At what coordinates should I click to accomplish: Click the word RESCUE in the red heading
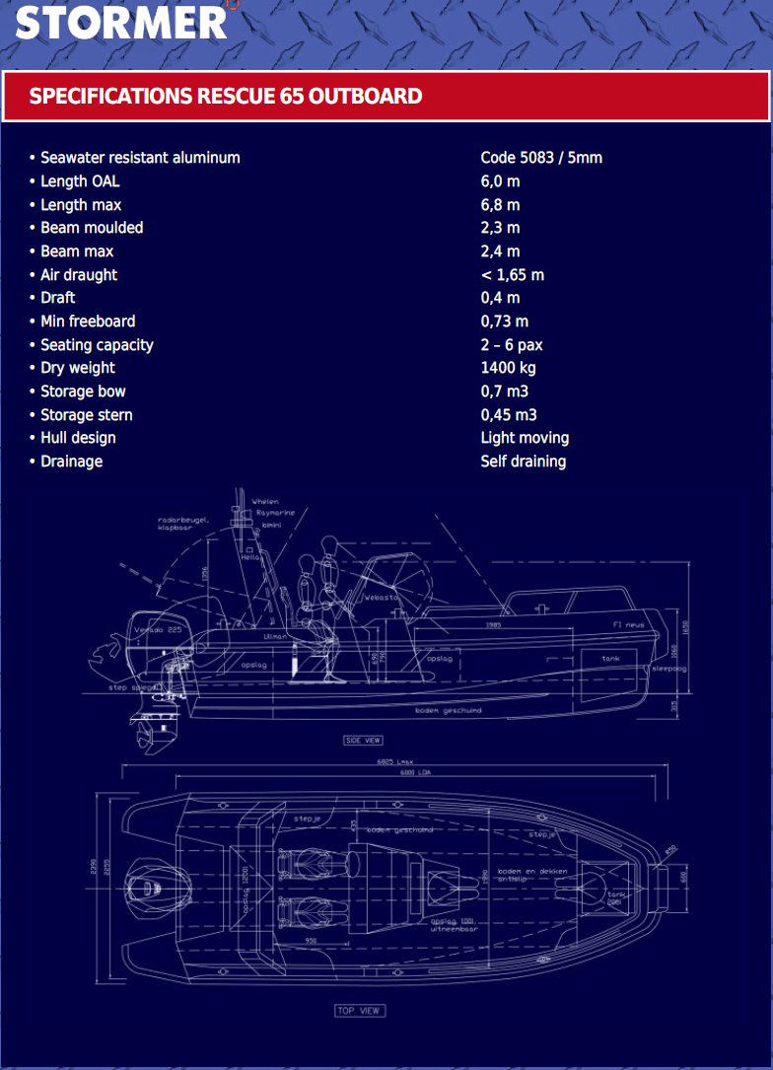[225, 97]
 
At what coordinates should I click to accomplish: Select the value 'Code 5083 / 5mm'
[541, 158]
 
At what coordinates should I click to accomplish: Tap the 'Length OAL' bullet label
[80, 181]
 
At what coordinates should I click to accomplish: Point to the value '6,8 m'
[500, 205]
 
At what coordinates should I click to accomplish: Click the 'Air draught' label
[79, 275]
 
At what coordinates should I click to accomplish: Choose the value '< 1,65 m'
[512, 275]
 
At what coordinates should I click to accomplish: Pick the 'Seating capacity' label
[97, 345]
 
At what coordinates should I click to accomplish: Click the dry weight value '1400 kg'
[508, 368]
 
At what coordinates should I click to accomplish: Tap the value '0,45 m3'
[509, 415]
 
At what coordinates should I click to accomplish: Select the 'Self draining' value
[524, 462]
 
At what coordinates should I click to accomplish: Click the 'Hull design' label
[78, 438]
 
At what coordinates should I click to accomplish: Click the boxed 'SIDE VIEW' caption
[363, 740]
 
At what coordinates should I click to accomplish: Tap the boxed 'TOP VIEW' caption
[359, 1010]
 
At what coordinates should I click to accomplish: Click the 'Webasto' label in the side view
[380, 598]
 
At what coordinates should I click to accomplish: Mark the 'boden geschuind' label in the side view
[449, 710]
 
